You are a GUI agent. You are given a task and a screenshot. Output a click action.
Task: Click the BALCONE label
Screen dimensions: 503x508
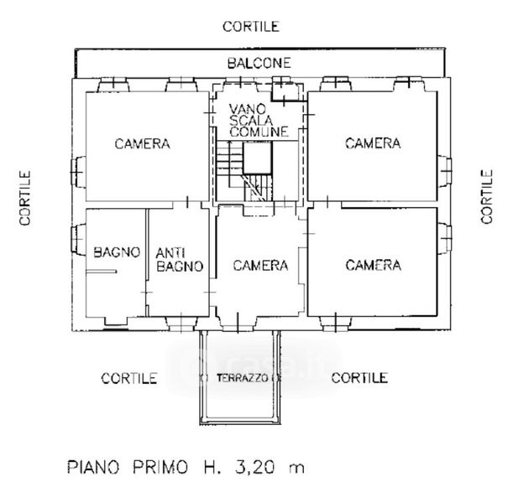(259, 63)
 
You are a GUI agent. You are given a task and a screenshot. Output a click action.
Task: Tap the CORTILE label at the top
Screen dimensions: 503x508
(250, 26)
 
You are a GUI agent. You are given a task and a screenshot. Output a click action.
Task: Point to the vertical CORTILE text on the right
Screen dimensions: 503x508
(487, 196)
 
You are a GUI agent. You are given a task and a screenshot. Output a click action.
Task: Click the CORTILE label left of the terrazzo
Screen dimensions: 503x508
(129, 378)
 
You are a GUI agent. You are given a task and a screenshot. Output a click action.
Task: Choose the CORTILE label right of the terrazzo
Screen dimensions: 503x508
(359, 378)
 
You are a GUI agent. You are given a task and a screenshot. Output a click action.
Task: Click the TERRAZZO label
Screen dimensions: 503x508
(243, 378)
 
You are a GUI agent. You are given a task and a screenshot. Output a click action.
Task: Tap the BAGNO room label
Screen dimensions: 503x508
(116, 251)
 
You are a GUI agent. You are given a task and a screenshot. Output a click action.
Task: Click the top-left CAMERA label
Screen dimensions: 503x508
(142, 143)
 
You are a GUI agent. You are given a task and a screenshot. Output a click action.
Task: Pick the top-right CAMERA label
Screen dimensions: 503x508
(373, 143)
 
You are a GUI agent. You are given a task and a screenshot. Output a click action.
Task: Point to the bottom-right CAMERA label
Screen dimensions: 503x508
(373, 266)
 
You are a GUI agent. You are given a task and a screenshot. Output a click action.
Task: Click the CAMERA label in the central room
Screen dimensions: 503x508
(260, 266)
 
